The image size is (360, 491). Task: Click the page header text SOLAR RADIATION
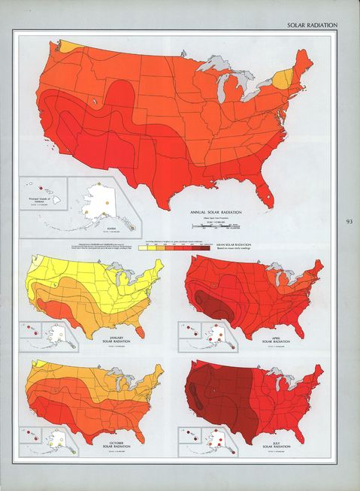coord(312,25)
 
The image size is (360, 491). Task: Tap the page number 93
coord(349,222)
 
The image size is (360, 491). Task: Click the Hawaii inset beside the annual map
coord(44,192)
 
